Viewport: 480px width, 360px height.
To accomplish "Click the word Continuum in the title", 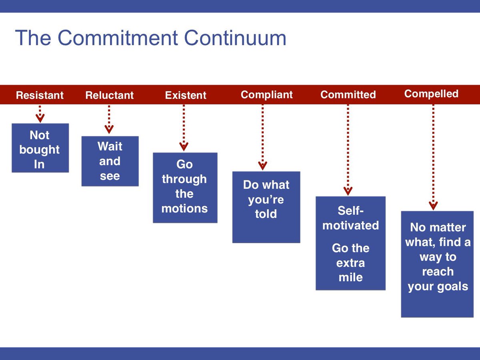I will pyautogui.click(x=235, y=38).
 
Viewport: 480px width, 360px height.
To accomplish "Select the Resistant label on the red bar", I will pyautogui.click(x=40, y=95).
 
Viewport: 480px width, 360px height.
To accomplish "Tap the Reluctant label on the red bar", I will pyautogui.click(x=109, y=95).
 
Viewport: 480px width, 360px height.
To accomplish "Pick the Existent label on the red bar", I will pyautogui.click(x=186, y=95).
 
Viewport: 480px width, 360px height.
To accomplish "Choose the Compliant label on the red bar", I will pyautogui.click(x=266, y=95).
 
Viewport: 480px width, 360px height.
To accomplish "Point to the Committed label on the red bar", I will pyautogui.click(x=348, y=95).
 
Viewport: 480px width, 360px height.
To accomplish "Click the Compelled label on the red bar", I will pyautogui.click(x=431, y=94).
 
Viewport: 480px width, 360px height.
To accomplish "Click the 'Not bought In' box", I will pyautogui.click(x=40, y=148).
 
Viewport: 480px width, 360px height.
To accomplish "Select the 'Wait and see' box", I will pyautogui.click(x=110, y=161).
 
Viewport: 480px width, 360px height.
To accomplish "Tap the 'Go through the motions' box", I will pyautogui.click(x=185, y=188).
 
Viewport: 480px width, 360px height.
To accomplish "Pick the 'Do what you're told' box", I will pyautogui.click(x=266, y=207).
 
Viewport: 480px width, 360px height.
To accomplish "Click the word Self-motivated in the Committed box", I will pyautogui.click(x=350, y=218).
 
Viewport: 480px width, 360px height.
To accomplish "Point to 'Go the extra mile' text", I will pyautogui.click(x=350, y=262).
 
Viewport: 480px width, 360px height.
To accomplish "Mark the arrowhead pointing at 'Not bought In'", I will pyautogui.click(x=40, y=118).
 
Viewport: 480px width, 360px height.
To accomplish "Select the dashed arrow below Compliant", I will pyautogui.click(x=262, y=136).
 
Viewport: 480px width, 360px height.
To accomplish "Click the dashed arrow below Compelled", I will pyautogui.click(x=433, y=156).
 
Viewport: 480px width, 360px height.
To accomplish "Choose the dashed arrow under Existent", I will pyautogui.click(x=184, y=126).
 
